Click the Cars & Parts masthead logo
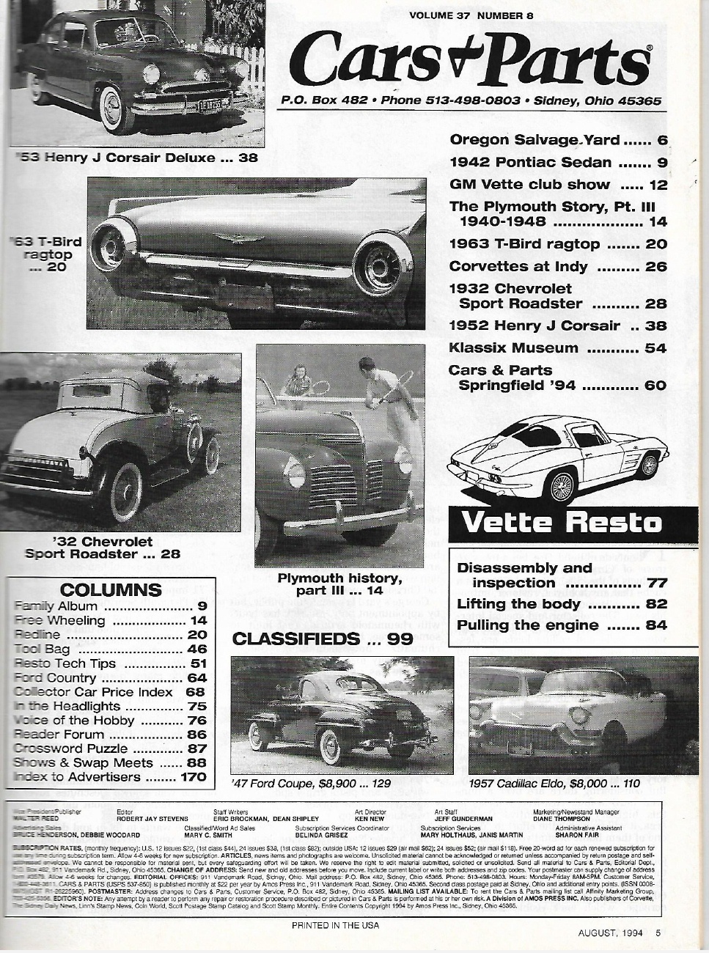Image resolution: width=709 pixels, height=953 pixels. [x=474, y=61]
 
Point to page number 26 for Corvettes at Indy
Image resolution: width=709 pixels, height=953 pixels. [x=655, y=267]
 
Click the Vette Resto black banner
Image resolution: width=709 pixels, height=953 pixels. [x=561, y=523]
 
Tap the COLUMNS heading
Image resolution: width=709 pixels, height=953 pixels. [x=110, y=590]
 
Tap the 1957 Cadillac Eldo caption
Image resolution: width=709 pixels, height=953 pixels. [x=554, y=784]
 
